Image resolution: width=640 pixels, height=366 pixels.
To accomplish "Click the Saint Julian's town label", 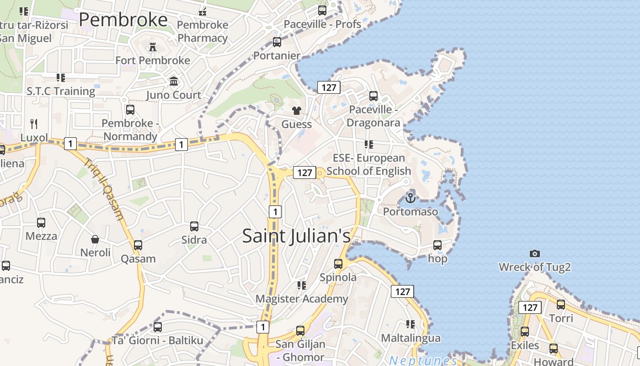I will coord(296,236).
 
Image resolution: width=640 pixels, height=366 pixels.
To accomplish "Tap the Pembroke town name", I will coord(123,20).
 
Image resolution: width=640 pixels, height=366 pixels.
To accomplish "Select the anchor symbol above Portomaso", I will coord(410,198).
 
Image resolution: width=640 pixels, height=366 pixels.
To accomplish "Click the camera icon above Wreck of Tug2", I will coord(534,253).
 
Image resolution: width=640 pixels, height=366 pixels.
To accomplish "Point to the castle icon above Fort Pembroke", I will coord(152,47).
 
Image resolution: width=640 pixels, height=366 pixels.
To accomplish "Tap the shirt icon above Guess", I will coord(297,111).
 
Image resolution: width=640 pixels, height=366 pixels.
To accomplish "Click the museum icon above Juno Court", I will coord(174,81).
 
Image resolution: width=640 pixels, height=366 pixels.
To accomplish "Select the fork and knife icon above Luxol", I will coord(34,124).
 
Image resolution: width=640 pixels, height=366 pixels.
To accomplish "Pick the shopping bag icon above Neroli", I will coord(95,239).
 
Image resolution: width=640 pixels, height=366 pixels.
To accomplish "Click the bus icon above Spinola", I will coord(338,264).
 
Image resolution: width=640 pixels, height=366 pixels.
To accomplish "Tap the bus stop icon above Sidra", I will coord(194,226).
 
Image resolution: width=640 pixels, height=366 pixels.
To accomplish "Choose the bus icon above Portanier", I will coord(277,42).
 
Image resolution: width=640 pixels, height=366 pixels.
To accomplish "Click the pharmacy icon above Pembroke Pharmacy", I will coord(202,11).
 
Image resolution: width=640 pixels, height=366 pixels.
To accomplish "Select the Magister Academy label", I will coord(302,299).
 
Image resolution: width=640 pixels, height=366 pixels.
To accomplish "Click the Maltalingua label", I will coord(411,338).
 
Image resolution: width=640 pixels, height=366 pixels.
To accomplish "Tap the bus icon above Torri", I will coord(561,304).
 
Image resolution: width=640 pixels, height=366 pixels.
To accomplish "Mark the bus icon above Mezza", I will coord(41,223).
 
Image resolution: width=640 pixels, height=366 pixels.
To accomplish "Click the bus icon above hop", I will coord(437,245).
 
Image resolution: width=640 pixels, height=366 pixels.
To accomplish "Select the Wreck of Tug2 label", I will coord(534,267).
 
